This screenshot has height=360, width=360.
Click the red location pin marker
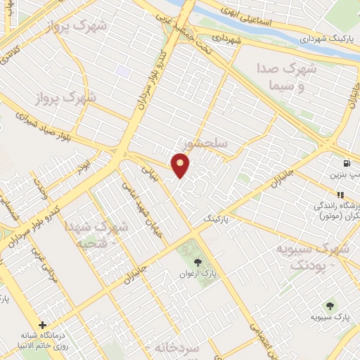(181, 166)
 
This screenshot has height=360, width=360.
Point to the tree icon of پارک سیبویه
(330, 305)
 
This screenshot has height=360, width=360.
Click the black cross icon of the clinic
(44, 326)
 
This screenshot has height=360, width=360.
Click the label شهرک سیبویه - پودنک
(311, 256)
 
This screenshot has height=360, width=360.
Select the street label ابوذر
(84, 167)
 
